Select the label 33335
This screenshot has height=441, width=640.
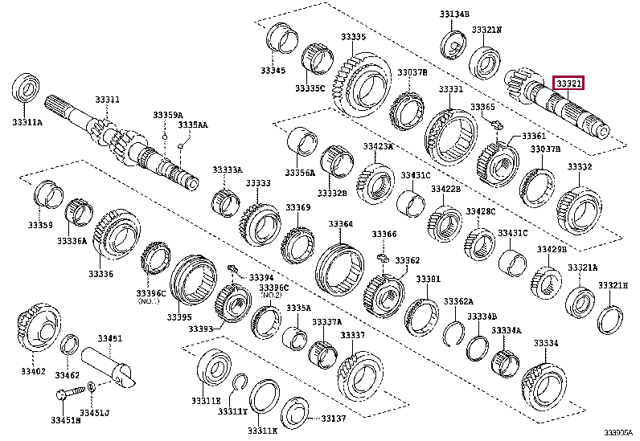tap(352, 37)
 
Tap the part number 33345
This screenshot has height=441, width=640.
tap(273, 71)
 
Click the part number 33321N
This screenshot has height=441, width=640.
tap(486, 29)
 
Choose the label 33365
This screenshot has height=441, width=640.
tap(483, 106)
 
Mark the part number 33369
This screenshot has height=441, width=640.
tap(297, 208)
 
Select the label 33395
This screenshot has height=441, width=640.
tap(179, 316)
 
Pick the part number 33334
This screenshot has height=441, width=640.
tap(546, 343)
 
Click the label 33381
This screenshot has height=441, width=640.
tap(428, 280)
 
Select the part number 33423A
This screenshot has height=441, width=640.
tap(377, 146)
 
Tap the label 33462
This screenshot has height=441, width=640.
tap(68, 374)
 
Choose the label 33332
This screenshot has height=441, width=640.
tap(580, 166)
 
